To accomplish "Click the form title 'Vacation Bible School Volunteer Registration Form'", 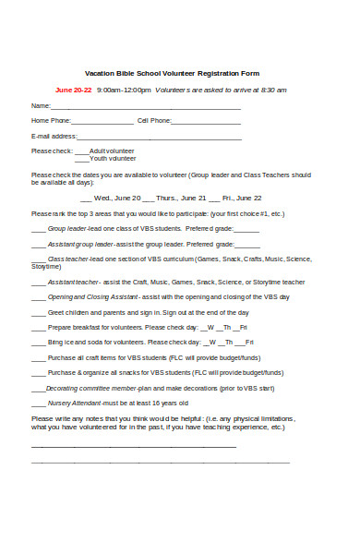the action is pyautogui.click(x=173, y=73).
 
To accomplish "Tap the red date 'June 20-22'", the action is pyautogui.click(x=74, y=90).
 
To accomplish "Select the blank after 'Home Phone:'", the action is pyautogui.click(x=102, y=121).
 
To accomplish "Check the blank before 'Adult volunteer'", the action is pyautogui.click(x=81, y=151).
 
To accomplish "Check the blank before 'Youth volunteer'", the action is pyautogui.click(x=81, y=158).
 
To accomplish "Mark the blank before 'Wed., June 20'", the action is pyautogui.click(x=87, y=198).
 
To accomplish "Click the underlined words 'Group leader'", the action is pyautogui.click(x=67, y=228).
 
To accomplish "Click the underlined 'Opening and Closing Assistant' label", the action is pyautogui.click(x=92, y=297).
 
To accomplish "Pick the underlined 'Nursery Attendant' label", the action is pyautogui.click(x=73, y=403).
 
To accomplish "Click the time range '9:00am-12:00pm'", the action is pyautogui.click(x=123, y=90).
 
